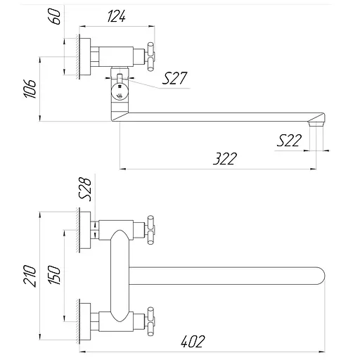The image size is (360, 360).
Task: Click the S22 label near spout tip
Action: [x=289, y=141]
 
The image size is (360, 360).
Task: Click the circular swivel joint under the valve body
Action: [x=121, y=91]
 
